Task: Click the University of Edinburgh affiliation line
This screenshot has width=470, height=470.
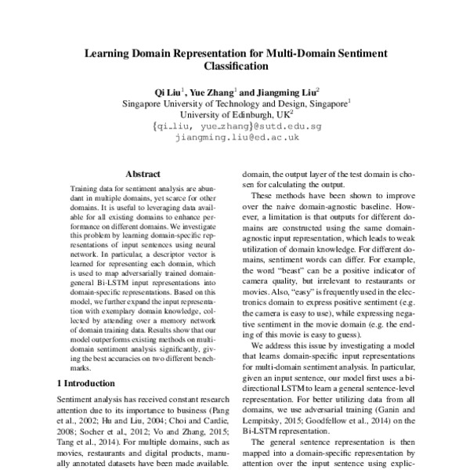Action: [x=234, y=114]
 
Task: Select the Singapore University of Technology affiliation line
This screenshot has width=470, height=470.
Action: [x=234, y=103]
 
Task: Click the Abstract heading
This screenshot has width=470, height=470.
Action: [x=143, y=174]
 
